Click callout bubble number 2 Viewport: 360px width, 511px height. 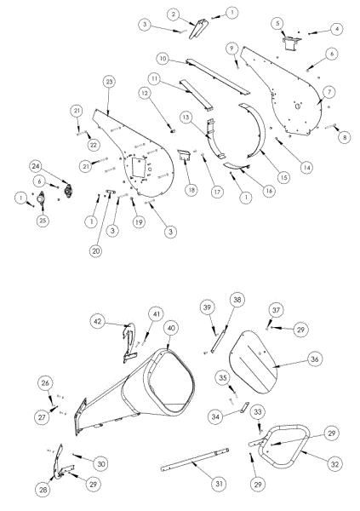pyautogui.click(x=173, y=14)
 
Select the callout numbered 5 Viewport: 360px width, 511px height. pyautogui.click(x=277, y=22)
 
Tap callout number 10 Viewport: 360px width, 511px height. pyautogui.click(x=162, y=58)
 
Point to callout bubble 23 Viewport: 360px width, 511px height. pyautogui.click(x=109, y=81)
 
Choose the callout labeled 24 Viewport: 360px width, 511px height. pyautogui.click(x=60, y=164)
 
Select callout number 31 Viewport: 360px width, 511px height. pyautogui.click(x=219, y=483)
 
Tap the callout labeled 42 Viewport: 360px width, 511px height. pyautogui.click(x=99, y=322)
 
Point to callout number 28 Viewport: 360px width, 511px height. pyautogui.click(x=44, y=490)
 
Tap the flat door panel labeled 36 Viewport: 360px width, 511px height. pyautogui.click(x=255, y=358)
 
